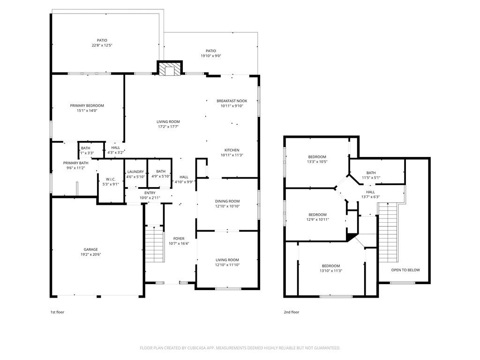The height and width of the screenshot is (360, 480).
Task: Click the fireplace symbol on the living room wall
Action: tap(168, 69)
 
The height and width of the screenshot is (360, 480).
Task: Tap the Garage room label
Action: tap(91, 249)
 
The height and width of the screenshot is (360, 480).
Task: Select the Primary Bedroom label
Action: tap(87, 105)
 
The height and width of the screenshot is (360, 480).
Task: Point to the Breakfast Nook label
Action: tap(232, 101)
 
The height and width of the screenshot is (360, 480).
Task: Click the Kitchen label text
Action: tap(232, 150)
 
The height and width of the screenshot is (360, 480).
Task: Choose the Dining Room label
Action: tap(227, 201)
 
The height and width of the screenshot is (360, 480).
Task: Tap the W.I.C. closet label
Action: tap(111, 179)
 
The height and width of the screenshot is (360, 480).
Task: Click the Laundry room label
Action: tap(135, 172)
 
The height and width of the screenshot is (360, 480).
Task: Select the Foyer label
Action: tap(179, 239)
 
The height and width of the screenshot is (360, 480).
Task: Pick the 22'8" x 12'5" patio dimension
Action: tap(102, 45)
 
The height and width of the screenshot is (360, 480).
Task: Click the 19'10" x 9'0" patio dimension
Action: tap(211, 56)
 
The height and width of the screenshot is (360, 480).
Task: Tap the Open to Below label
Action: tap(405, 270)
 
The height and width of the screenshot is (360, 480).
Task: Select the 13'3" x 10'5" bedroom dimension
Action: tap(317, 162)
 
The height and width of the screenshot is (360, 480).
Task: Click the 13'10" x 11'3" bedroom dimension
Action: tap(330, 270)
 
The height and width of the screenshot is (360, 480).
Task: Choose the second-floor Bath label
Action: tap(371, 172)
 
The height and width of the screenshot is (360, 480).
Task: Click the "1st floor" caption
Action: tap(57, 312)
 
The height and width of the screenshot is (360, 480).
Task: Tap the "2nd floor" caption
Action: tap(291, 312)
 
